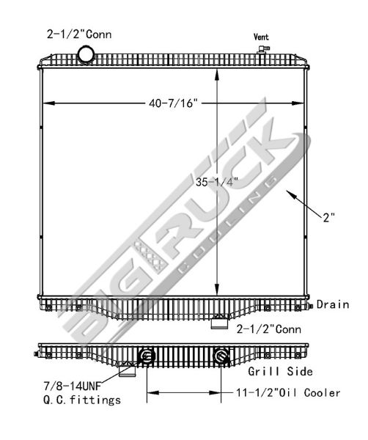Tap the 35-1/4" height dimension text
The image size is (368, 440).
[x=217, y=182]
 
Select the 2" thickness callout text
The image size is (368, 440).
[x=329, y=218]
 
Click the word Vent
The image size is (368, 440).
[x=261, y=37]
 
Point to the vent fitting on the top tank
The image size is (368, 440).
[x=263, y=49]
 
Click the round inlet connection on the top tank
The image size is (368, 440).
[x=86, y=54]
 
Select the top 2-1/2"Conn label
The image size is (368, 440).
[x=79, y=34]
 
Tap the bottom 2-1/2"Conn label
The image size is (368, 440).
[x=269, y=329]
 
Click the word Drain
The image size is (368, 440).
[x=333, y=304]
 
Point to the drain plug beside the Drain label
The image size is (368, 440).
[x=311, y=306]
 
